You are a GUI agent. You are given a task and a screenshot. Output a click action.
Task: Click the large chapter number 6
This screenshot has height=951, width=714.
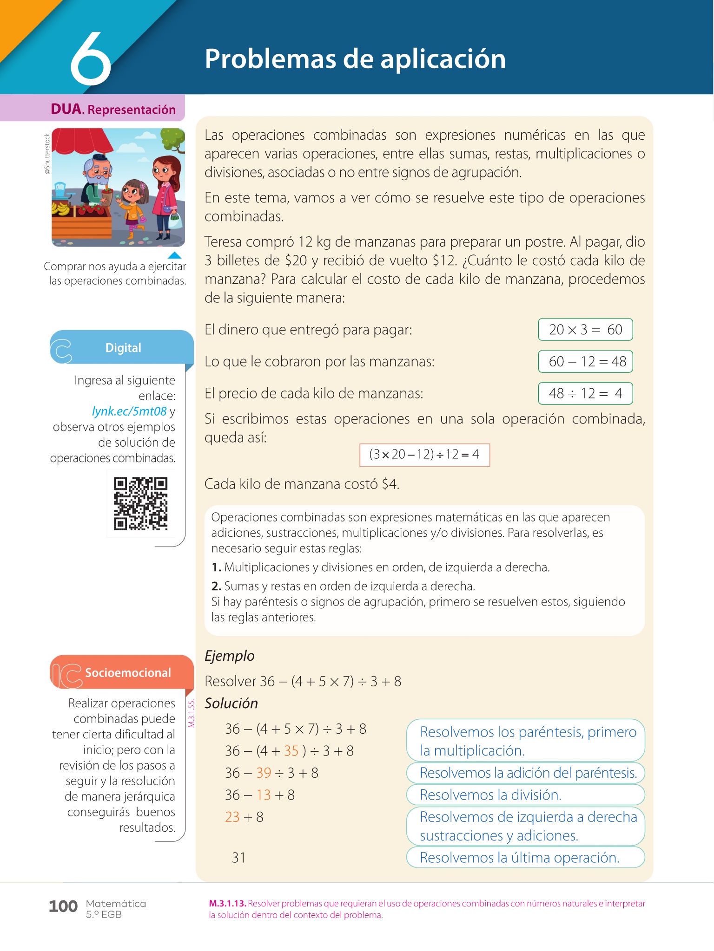pos(91,59)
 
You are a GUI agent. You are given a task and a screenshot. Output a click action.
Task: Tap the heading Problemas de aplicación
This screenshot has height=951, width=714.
pos(355,59)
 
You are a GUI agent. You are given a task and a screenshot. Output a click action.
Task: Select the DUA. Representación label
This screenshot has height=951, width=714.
pos(113,109)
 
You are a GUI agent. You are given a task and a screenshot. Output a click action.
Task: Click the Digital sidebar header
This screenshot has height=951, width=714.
pos(123,348)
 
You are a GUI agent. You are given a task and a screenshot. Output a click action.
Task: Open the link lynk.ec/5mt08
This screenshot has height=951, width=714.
pos(129,411)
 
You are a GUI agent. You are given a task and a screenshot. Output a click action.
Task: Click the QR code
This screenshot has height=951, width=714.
pos(140,504)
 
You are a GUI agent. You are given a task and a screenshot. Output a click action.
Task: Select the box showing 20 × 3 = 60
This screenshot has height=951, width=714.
pos(585,330)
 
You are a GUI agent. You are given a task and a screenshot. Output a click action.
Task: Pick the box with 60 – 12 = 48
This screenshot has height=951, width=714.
pos(585,361)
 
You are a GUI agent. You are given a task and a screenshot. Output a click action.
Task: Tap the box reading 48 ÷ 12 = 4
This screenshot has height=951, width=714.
pos(585,393)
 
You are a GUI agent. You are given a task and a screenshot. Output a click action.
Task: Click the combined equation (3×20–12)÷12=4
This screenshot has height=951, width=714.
pos(424,454)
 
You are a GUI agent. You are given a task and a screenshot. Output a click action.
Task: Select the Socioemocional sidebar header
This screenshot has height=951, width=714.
pos(127,673)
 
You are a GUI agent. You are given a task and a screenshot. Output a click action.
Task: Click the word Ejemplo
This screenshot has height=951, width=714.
pos(230,656)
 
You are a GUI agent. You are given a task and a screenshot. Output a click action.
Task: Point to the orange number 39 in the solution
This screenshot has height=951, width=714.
pos(264,773)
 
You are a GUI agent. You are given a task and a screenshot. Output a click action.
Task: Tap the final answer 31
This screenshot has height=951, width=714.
pos(238,857)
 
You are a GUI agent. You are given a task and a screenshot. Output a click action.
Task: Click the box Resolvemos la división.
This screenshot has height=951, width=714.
pos(525,795)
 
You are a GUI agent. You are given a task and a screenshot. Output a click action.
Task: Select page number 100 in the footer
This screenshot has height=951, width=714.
pos(63,906)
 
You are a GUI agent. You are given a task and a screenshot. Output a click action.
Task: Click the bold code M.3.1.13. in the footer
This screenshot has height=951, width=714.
pos(227,904)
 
